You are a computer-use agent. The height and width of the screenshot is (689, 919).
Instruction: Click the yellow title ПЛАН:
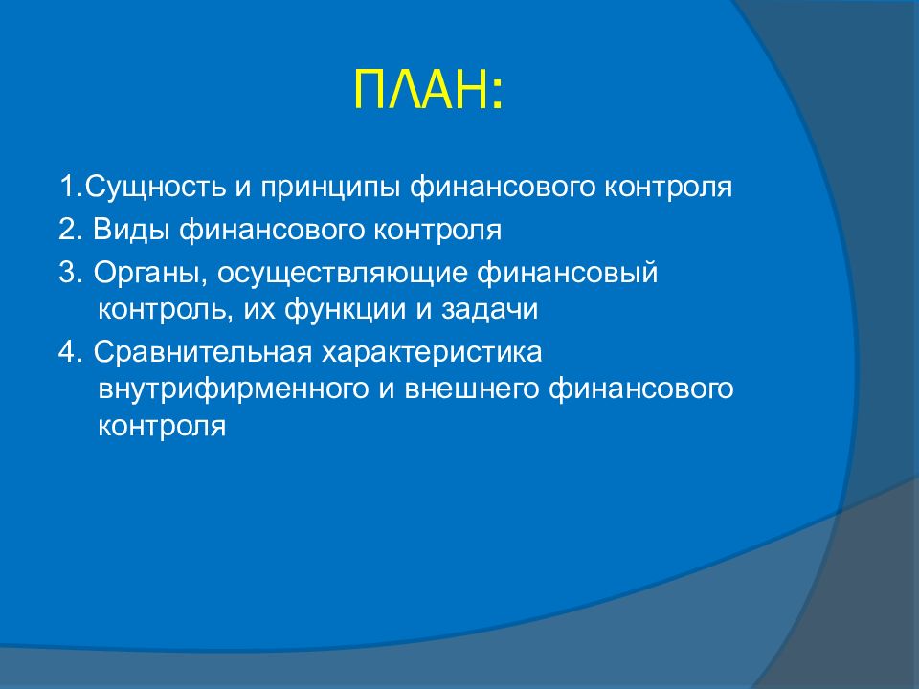click(x=429, y=89)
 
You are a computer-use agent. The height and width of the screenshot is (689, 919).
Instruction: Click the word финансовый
click(x=568, y=274)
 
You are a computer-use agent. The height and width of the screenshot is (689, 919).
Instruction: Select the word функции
click(x=346, y=309)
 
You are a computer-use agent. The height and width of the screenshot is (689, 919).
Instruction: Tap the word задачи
click(x=489, y=309)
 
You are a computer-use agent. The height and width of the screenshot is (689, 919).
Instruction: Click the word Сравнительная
click(x=203, y=352)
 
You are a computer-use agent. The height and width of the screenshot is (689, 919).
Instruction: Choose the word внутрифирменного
click(x=234, y=389)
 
